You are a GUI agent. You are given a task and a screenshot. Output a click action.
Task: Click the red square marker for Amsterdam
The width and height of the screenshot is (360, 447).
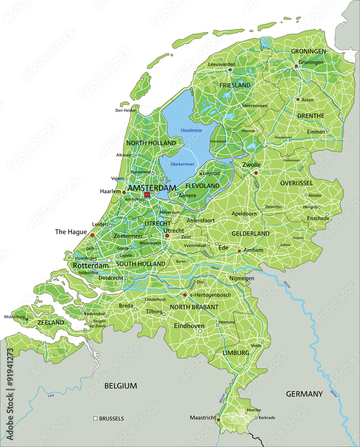(x=147, y=195)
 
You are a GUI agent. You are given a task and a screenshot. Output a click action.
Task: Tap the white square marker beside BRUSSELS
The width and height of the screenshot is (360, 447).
(x=95, y=419)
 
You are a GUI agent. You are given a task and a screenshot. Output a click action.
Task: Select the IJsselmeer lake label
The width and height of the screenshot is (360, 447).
(x=191, y=130)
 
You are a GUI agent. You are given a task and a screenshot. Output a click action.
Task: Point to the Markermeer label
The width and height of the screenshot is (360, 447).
(x=182, y=164)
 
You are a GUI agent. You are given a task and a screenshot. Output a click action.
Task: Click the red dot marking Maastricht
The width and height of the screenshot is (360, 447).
(x=218, y=420)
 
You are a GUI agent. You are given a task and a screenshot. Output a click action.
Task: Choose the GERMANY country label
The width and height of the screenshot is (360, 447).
(x=304, y=394)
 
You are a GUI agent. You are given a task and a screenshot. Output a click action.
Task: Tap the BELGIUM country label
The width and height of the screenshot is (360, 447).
(x=121, y=385)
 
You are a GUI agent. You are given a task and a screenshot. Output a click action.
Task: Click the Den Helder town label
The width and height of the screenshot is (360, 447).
(x=125, y=110)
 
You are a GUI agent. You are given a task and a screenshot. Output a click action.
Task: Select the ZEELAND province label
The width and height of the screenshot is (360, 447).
(x=50, y=322)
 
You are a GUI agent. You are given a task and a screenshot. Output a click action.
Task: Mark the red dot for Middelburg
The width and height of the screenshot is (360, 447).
(x=27, y=320)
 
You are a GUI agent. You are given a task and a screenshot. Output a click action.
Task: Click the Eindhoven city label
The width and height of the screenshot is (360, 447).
(x=189, y=326)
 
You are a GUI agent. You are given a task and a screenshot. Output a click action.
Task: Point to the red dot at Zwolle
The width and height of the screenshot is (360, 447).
(x=256, y=173)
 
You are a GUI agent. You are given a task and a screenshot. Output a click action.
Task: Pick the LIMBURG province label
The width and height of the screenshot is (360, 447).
(x=236, y=353)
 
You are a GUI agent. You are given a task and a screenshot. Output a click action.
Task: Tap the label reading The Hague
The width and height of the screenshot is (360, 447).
(x=70, y=232)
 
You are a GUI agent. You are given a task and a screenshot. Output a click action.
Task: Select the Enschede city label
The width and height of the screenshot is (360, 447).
(x=318, y=218)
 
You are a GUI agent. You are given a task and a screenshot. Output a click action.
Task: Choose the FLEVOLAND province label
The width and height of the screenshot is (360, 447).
(x=202, y=186)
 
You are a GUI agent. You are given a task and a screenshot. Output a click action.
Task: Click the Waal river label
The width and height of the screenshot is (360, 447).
(x=215, y=268)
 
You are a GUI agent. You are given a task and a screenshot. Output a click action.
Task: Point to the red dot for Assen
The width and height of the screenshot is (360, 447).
(x=298, y=100)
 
